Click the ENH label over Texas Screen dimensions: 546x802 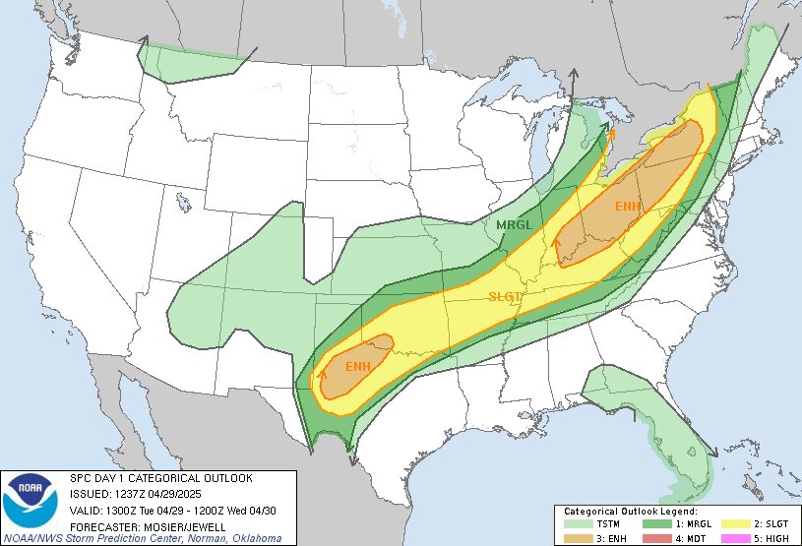tap(357, 367)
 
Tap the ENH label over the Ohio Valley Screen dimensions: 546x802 tap(627, 206)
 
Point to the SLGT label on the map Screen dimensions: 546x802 tap(506, 296)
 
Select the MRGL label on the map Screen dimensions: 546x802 tap(513, 225)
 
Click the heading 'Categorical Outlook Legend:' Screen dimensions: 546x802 tap(630, 513)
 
